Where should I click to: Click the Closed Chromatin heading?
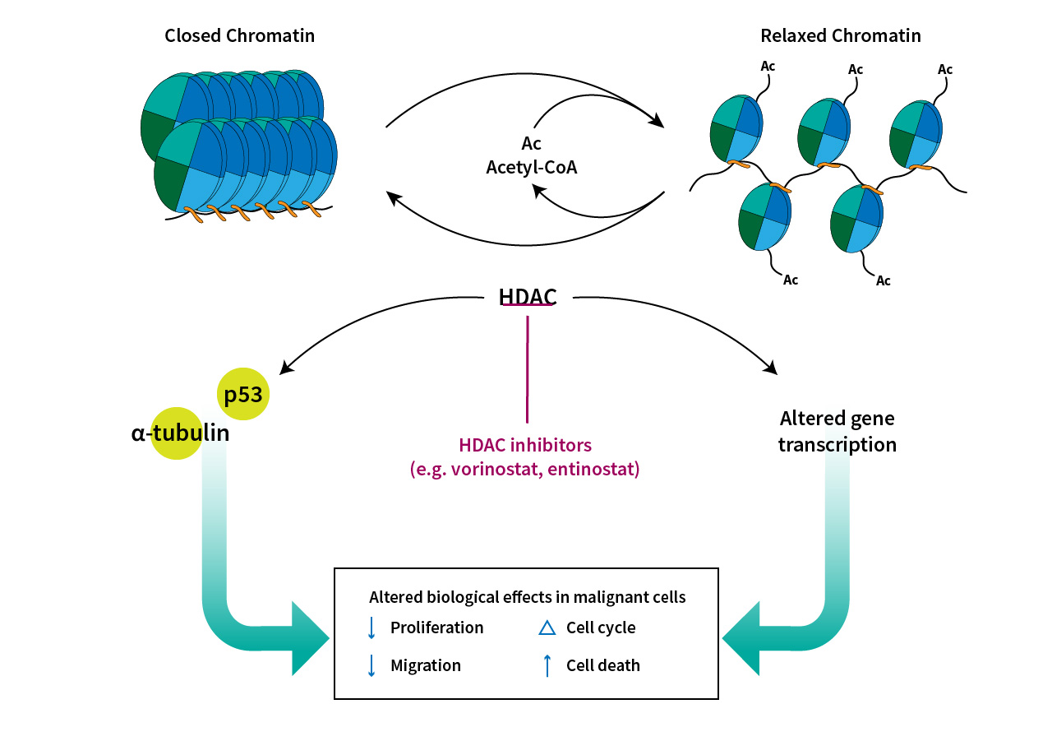point(239,35)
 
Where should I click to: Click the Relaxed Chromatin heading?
point(840,35)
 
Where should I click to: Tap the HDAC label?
point(527,297)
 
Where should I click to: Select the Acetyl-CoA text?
point(532,167)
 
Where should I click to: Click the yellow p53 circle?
point(243,394)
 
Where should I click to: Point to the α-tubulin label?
point(180,433)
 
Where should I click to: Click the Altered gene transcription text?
point(837,431)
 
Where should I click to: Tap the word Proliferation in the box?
point(436,628)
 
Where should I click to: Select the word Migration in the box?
point(425,665)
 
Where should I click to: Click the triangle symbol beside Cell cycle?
point(547,628)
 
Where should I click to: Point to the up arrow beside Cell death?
point(547,665)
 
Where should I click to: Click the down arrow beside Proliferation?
point(371,628)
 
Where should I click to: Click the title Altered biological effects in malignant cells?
point(527,597)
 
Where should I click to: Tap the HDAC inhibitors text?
point(525,445)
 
